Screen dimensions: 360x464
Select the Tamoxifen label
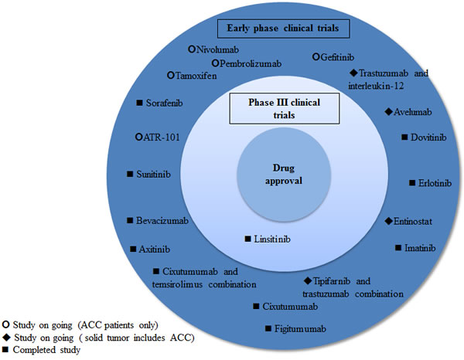point(196,76)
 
